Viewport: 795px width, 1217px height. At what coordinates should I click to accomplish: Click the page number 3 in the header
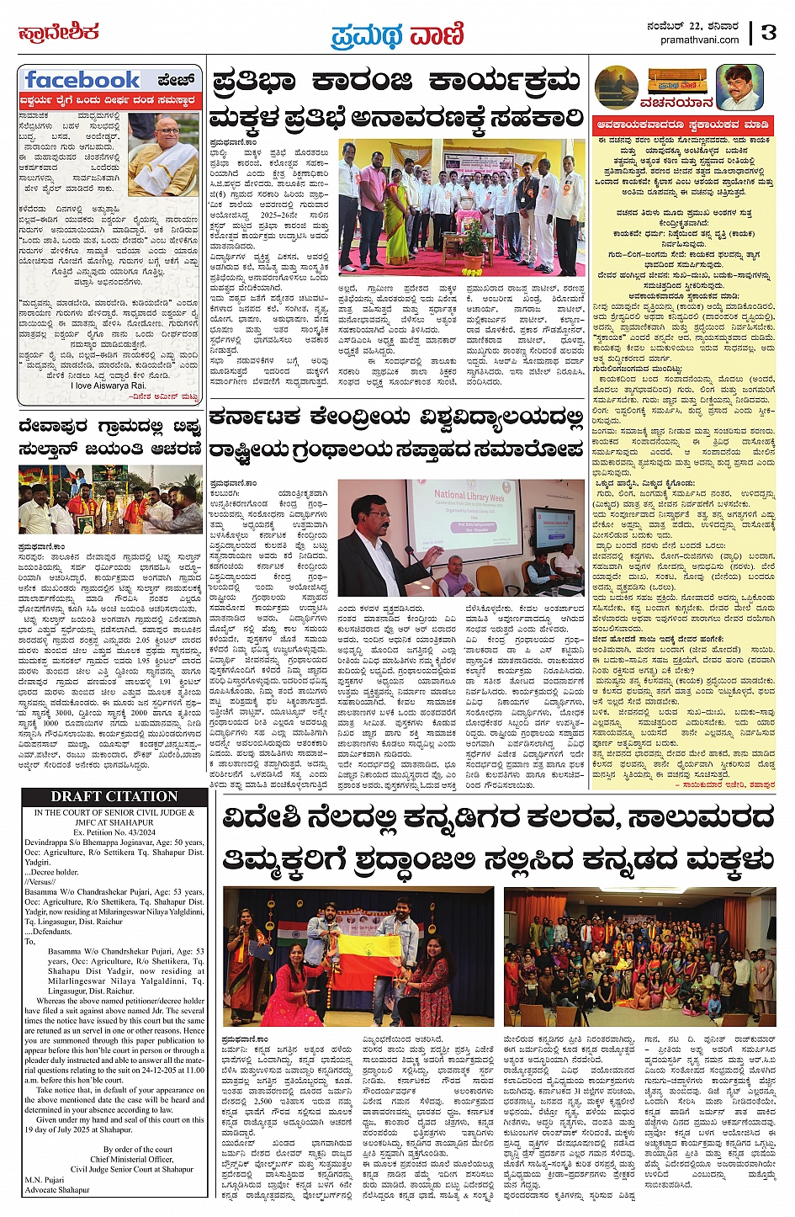coord(767,33)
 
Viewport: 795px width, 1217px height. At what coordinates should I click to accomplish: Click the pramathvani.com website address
coord(700,40)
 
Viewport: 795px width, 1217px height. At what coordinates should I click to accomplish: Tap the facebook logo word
coord(82,80)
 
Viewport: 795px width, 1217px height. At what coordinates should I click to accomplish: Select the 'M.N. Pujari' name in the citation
coord(45,1180)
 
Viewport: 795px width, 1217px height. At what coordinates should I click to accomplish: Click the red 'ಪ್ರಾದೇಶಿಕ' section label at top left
coord(59,33)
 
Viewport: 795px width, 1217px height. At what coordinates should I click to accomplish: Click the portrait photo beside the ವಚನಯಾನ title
coord(739,86)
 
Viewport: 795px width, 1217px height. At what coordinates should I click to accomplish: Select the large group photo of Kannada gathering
coord(639,955)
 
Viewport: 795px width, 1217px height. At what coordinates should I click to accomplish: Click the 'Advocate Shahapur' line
coord(57,1190)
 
